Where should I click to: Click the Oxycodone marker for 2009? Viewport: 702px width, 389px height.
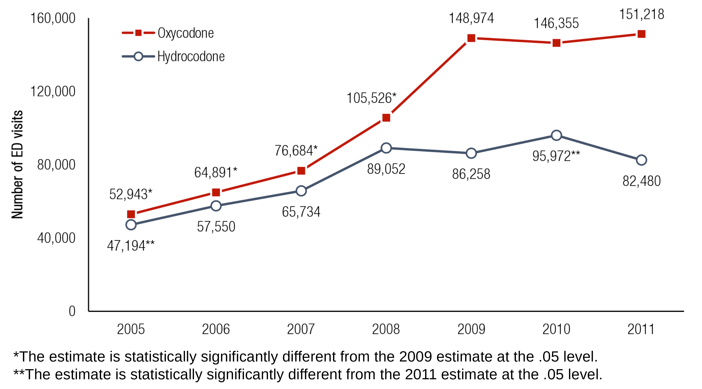(x=471, y=38)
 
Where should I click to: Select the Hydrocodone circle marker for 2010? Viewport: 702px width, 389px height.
(x=556, y=135)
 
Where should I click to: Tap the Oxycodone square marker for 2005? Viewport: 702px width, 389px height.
(x=131, y=214)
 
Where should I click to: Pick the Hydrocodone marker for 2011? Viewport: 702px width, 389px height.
(x=641, y=160)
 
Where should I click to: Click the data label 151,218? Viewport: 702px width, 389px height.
(x=642, y=14)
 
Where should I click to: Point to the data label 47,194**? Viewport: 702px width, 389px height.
(x=131, y=246)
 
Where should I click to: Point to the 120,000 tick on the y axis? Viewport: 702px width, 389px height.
(x=53, y=91)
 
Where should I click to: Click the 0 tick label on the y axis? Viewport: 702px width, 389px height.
(x=72, y=311)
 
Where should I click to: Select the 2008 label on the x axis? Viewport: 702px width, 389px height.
(x=386, y=329)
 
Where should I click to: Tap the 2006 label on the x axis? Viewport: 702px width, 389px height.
(x=216, y=329)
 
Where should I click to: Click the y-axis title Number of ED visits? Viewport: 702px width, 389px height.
(x=17, y=164)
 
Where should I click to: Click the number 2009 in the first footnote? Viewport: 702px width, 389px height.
(x=415, y=357)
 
